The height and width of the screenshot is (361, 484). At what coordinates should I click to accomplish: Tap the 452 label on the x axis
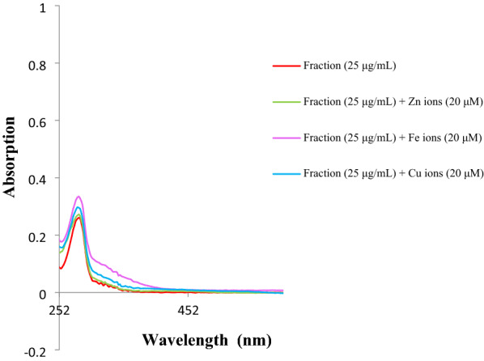click(188, 308)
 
